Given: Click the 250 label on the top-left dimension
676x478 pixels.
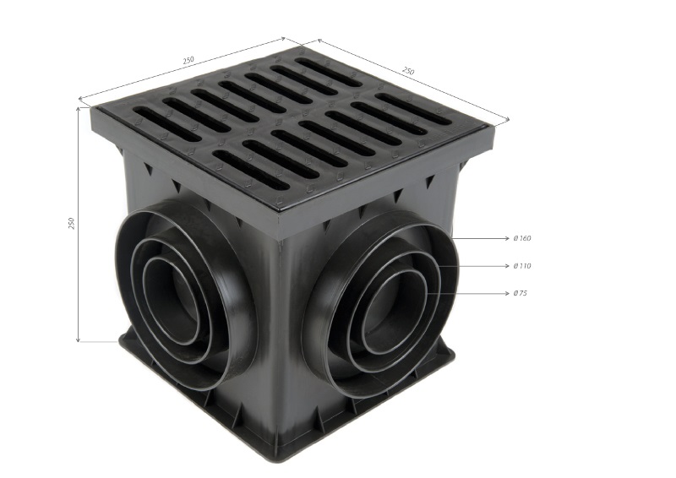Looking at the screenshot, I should pyautogui.click(x=188, y=59).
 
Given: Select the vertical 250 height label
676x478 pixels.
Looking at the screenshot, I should pyautogui.click(x=72, y=223).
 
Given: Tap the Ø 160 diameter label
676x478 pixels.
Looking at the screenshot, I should pyautogui.click(x=521, y=238).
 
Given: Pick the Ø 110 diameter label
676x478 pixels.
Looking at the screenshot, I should pyautogui.click(x=521, y=266).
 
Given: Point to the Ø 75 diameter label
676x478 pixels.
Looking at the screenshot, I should pyautogui.click(x=520, y=293).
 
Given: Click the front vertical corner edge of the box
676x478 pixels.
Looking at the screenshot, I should pyautogui.click(x=279, y=338).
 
